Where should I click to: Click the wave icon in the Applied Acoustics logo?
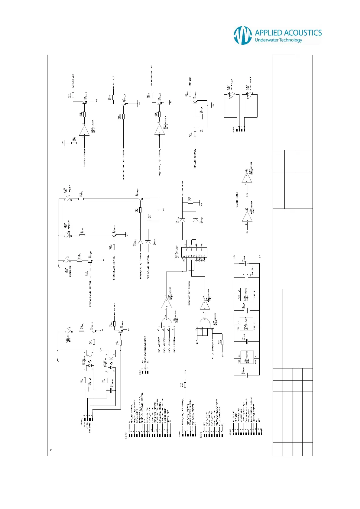(x=243, y=35)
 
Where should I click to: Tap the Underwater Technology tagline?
(x=278, y=40)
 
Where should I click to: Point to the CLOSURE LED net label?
(x=73, y=82)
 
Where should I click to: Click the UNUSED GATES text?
(x=237, y=199)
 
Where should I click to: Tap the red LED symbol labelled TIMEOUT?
(x=68, y=235)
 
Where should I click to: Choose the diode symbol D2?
(x=140, y=242)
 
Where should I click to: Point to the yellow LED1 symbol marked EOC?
(x=69, y=331)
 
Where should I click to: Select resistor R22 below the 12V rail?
(x=185, y=385)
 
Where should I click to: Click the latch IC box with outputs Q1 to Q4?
(x=194, y=252)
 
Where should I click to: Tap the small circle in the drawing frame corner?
(x=51, y=450)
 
